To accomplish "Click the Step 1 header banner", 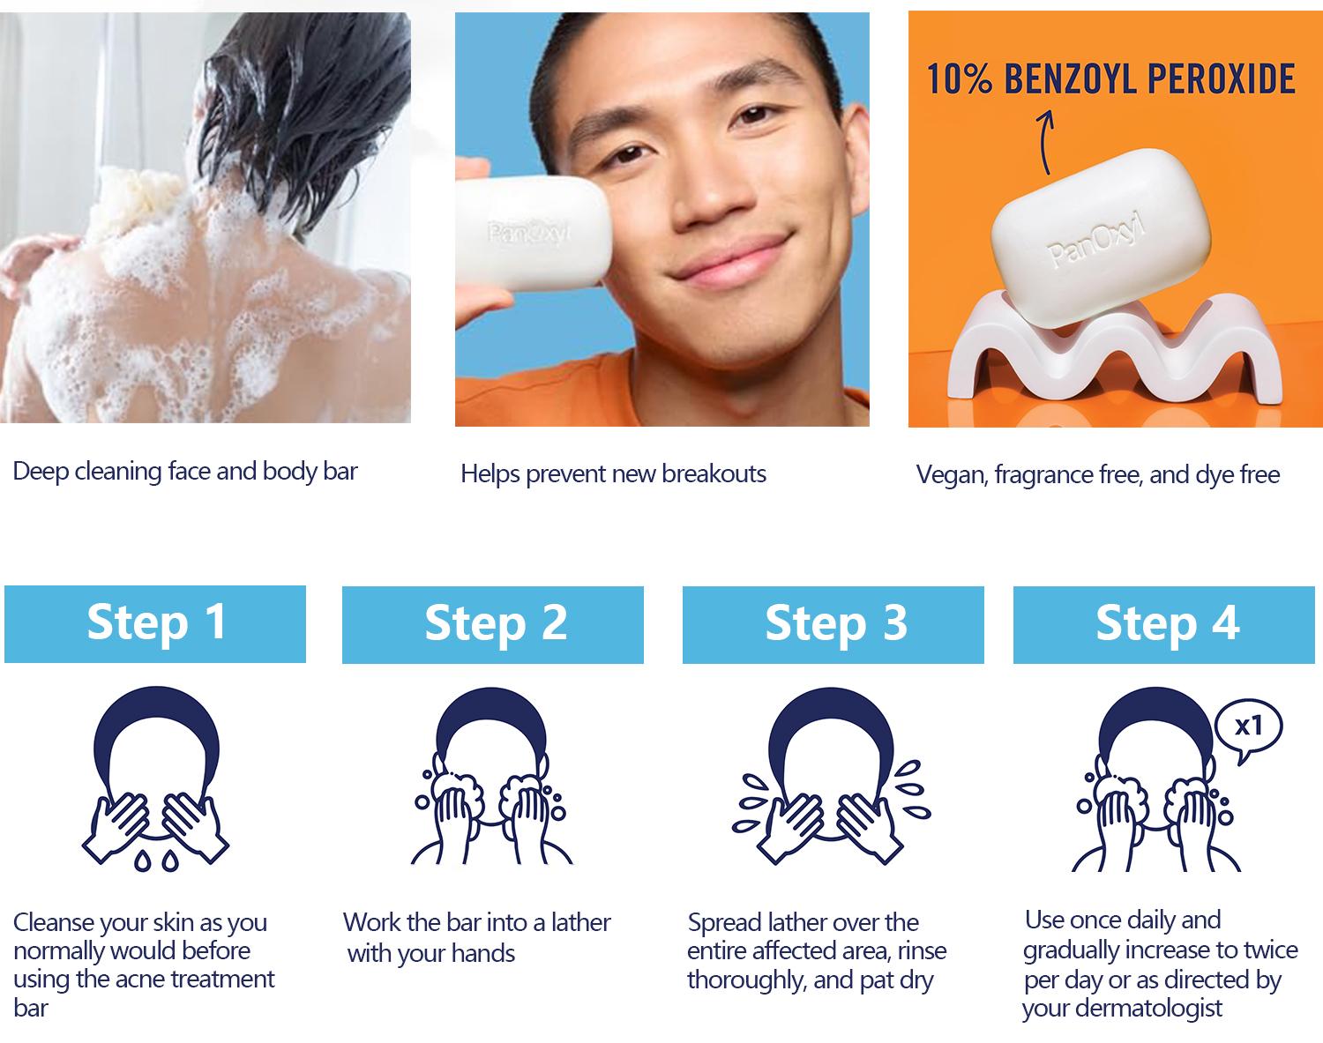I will coord(155,623).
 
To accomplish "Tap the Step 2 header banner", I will coord(493,624).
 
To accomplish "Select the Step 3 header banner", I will coord(833,624).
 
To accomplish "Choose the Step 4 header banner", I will coord(1164,624).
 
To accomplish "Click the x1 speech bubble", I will coord(1248,728).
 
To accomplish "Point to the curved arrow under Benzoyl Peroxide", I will coord(1045,141).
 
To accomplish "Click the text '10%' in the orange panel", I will coord(959,79).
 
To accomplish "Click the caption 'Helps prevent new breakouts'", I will coord(613,474).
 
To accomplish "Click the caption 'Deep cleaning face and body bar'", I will coord(185,471).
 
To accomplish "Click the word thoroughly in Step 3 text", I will coord(745,980).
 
